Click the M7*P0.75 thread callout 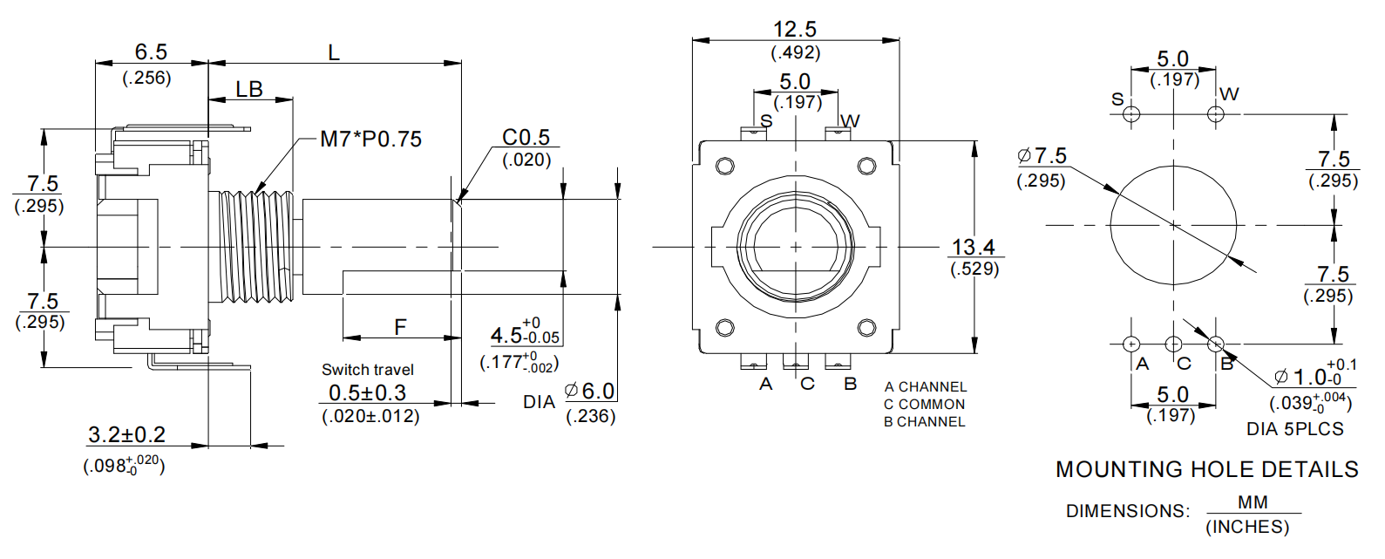click(370, 140)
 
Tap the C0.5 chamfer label click(526, 137)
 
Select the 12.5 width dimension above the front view click(795, 30)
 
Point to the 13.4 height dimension click(974, 248)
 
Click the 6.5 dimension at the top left click(151, 52)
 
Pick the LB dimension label click(249, 90)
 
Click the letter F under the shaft click(400, 327)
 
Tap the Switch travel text click(368, 370)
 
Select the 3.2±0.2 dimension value click(126, 434)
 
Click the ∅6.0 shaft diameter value click(590, 392)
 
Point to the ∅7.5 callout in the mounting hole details click(1042, 156)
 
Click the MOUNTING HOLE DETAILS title click(1206, 470)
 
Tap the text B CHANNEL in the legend click(924, 422)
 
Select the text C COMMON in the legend click(924, 405)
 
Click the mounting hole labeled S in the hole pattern click(1131, 114)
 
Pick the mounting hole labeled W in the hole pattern click(1216, 114)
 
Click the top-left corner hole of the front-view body click(724, 166)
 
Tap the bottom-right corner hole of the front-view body click(866, 327)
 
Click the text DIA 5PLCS click(1294, 429)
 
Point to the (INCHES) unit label click(1246, 528)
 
